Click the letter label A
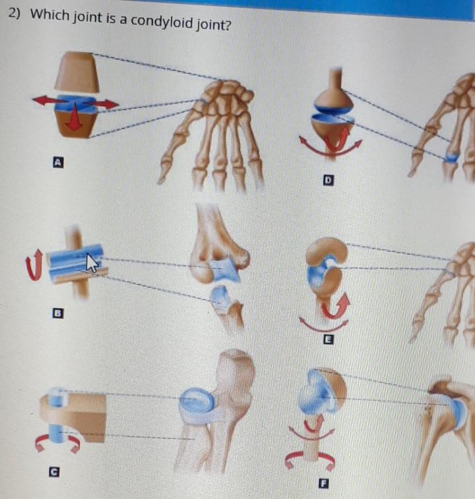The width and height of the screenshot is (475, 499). [x=58, y=160]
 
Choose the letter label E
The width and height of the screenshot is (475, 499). [x=327, y=339]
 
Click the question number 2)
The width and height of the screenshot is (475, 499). [x=18, y=14]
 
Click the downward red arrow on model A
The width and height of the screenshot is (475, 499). [x=75, y=119]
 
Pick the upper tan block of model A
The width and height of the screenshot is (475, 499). [x=77, y=73]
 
